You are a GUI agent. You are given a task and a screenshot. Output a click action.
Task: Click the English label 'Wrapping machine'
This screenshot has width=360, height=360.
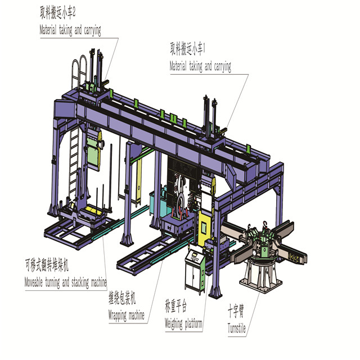[x=126, y=315]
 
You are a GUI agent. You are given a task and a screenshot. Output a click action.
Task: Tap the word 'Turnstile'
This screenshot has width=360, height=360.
[x=237, y=328]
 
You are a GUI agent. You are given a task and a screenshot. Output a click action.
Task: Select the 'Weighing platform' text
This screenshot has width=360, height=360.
[x=183, y=324]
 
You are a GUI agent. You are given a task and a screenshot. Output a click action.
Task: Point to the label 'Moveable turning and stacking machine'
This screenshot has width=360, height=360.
[x=66, y=282]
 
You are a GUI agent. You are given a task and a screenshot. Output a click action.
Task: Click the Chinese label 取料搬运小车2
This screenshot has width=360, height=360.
[x=57, y=13]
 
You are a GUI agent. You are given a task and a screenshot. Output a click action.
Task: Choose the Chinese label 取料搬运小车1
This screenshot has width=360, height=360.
[x=187, y=49]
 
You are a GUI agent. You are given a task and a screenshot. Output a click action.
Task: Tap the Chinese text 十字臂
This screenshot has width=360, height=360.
[x=236, y=310]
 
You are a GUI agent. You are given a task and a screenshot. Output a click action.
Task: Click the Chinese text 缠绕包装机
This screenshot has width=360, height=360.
[x=122, y=299]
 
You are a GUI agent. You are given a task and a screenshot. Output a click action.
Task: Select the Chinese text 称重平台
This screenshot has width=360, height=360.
[x=176, y=306]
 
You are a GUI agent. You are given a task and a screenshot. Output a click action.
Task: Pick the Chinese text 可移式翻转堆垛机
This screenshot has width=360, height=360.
[x=47, y=265]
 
